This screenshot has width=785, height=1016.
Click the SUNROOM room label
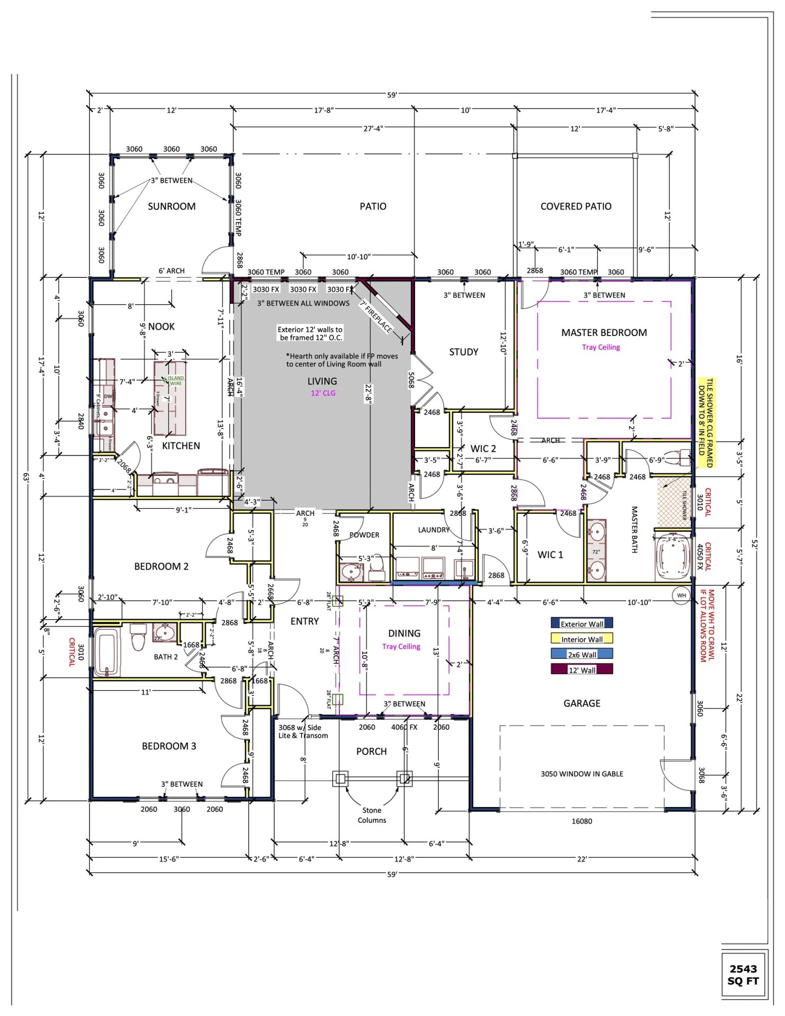(x=172, y=206)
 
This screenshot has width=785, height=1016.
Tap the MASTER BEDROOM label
(x=604, y=332)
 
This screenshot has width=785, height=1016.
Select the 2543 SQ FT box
(x=743, y=974)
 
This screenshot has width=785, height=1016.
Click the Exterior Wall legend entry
(x=582, y=623)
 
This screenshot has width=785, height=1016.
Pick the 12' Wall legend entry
(x=582, y=669)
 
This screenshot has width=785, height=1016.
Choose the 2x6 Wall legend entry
(x=582, y=654)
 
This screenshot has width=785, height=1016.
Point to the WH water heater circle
(x=681, y=595)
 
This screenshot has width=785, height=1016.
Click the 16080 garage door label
(x=581, y=821)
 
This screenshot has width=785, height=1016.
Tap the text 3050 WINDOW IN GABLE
(x=582, y=774)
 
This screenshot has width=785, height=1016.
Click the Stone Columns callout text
(x=372, y=815)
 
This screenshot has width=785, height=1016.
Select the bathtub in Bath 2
(x=107, y=652)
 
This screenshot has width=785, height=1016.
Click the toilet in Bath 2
(x=138, y=637)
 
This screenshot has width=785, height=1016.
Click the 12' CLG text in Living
(x=323, y=393)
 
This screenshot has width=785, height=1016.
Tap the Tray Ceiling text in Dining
(x=401, y=647)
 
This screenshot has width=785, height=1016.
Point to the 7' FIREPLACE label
(x=376, y=317)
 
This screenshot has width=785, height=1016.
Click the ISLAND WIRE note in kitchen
(x=175, y=380)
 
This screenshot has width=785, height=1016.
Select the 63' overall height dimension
(x=25, y=476)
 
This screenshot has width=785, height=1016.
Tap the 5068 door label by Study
(x=411, y=379)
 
